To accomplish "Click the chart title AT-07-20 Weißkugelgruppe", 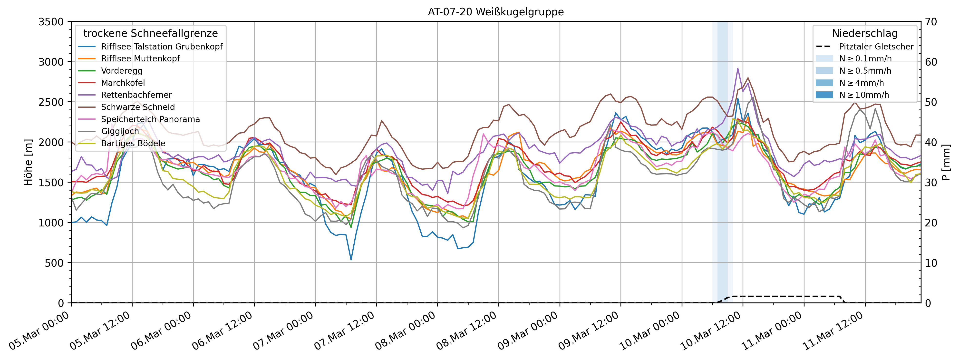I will (x=495, y=12).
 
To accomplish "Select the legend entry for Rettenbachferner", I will (x=136, y=95).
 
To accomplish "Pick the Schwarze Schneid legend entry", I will (x=138, y=107).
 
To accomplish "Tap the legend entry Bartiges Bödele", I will (x=133, y=143).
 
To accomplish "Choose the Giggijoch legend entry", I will (x=120, y=131).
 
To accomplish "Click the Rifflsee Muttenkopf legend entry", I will (x=140, y=59).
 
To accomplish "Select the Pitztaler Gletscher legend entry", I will (x=876, y=47).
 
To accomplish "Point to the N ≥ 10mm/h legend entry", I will (x=864, y=95).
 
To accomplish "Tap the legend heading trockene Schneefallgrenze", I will (x=150, y=33).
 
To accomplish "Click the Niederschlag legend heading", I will (x=864, y=33).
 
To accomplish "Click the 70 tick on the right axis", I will (x=931, y=22).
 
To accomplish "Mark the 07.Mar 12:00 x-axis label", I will (x=344, y=331).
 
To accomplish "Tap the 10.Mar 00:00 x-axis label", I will (x=650, y=331).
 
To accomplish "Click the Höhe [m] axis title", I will (x=28, y=162).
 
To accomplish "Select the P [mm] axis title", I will (x=946, y=162).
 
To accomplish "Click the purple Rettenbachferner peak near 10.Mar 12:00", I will (x=738, y=68).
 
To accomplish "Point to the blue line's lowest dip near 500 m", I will (x=351, y=260).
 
